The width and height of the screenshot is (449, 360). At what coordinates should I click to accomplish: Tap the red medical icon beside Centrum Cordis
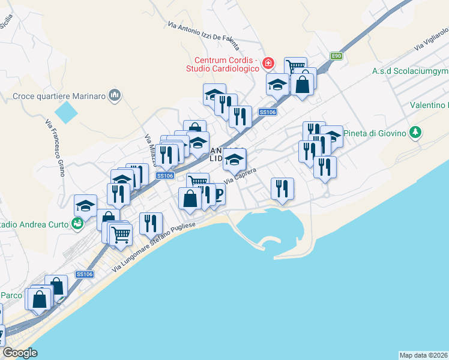click(x=268, y=63)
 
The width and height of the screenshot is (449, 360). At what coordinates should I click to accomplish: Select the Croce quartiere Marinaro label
click(x=59, y=95)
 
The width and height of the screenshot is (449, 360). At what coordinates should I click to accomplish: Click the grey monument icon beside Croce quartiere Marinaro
click(x=116, y=95)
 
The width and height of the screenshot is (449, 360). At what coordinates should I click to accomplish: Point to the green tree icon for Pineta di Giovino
click(x=414, y=132)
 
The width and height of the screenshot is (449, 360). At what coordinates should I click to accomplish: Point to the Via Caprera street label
click(x=240, y=176)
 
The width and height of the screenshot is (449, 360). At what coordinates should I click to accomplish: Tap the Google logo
click(x=20, y=353)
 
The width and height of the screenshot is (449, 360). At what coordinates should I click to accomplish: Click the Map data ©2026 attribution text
click(x=423, y=355)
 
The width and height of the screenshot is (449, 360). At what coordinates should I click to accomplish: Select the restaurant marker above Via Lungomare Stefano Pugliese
click(x=151, y=224)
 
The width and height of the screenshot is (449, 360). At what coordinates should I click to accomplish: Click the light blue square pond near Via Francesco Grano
click(x=66, y=111)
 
